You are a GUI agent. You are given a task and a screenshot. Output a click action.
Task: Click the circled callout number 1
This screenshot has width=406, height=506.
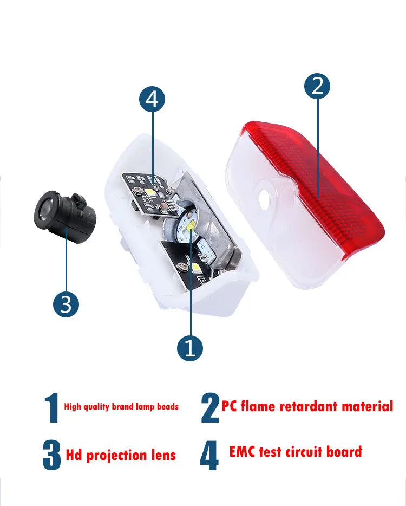pos(190,348)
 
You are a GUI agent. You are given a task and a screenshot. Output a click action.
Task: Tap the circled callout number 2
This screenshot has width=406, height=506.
pos(317,86)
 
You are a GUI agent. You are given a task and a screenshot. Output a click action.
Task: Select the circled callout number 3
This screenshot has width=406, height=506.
pos(66,304)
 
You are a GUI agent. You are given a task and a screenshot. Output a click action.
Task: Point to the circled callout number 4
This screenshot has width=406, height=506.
pos(152,99)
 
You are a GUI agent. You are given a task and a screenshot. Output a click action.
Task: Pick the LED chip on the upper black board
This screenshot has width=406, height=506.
pos(150,193)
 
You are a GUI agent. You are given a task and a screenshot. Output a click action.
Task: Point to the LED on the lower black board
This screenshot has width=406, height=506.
pos(196,267)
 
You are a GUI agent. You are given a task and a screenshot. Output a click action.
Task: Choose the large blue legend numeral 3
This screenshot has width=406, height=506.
pos(52,455)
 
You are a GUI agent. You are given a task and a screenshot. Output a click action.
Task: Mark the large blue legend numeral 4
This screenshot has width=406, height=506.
pos(209,455)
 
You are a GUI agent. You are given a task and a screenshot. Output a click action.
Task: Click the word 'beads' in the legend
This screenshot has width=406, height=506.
pos(168,406)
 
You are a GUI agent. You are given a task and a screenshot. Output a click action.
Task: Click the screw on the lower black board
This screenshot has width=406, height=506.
pos(181,266)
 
